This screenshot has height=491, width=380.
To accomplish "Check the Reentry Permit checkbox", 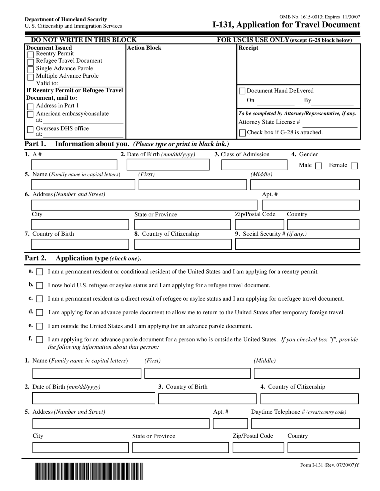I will click(x=30, y=55).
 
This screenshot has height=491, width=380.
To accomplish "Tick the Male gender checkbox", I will click(x=319, y=166).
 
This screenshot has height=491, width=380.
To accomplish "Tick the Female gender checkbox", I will click(x=354, y=166).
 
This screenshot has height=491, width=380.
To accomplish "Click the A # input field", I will click(x=74, y=165).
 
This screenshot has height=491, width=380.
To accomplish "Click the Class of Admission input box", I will click(x=254, y=165).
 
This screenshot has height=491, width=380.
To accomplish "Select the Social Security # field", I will click(x=297, y=244).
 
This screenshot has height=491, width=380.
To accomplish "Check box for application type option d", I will click(x=39, y=313).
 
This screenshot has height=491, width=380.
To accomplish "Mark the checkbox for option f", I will click(x=39, y=340).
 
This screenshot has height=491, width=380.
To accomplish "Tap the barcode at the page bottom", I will click(x=89, y=471).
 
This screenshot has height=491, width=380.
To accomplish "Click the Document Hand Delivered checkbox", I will click(x=242, y=91).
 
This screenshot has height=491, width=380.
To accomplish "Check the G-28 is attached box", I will click(x=242, y=133).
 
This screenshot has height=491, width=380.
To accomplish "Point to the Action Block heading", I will click(x=144, y=48).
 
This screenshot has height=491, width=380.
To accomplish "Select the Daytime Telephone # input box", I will click(x=305, y=423).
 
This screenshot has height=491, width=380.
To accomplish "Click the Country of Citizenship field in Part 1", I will click(x=183, y=244).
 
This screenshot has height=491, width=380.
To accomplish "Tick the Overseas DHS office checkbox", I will click(x=30, y=130).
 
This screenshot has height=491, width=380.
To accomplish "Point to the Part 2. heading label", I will click(x=35, y=258).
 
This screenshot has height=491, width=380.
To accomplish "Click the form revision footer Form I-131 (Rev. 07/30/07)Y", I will click(x=330, y=465).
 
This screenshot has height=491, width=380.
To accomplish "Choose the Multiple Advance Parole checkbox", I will click(x=30, y=77).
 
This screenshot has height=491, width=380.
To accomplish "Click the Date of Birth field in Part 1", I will click(x=168, y=165).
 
